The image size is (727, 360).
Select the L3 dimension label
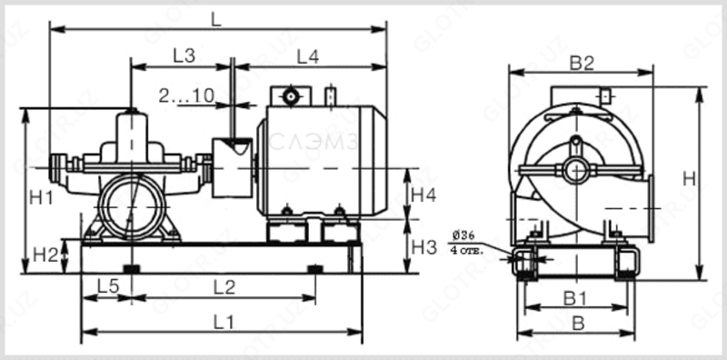tap(184, 55)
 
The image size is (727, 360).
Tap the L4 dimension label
tap(307, 55)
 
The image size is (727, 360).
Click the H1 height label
tap(40, 196)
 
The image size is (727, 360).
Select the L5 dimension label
tap(108, 286)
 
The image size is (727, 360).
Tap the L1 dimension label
tap(224, 321)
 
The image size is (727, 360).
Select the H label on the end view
tap(689, 180)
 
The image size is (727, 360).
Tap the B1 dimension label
tap(573, 297)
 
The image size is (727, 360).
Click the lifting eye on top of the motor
tap(290, 95)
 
